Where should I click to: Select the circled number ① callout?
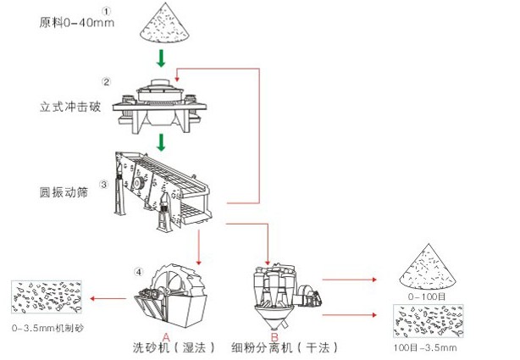pyautogui.click(x=106, y=9)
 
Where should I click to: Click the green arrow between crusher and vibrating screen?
pyautogui.click(x=160, y=141)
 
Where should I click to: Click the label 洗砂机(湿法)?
pyautogui.click(x=173, y=347)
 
